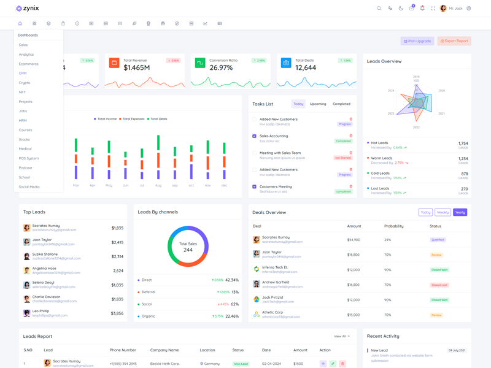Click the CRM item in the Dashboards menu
pos(23,73)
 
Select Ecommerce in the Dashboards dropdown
pos(29,64)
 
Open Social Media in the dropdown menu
pos(29,186)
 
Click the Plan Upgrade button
pos(417,41)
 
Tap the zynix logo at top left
pos(28,9)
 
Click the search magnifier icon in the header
pos(379,9)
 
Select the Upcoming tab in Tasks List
pos(318,104)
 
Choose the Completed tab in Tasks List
pos(341,104)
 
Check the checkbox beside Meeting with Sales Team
pos(255,153)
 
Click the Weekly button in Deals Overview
pos(443,212)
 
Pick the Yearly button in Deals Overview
pos(460,212)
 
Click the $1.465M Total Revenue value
pos(136,67)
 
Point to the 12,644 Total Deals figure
pos(306,67)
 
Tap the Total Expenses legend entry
pos(133,119)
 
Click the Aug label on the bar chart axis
pos(158,185)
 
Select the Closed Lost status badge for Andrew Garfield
pos(439,285)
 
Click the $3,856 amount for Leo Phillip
pos(117,313)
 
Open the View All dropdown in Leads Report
pos(342,336)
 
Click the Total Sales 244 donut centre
pos(188,247)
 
